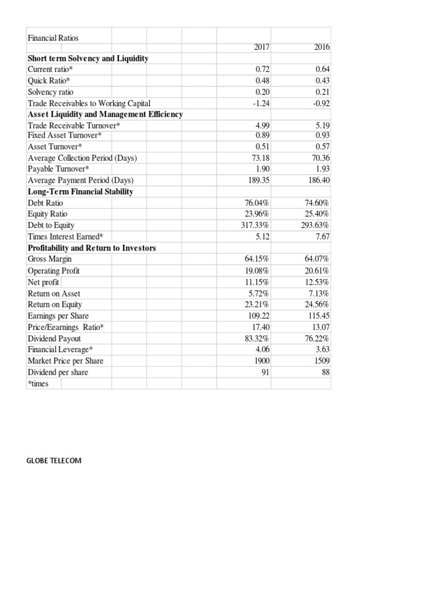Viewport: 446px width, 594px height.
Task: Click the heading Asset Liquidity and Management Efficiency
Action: (105, 114)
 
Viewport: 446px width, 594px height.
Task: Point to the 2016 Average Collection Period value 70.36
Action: (320, 158)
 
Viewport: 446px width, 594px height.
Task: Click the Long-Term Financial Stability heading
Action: (80, 191)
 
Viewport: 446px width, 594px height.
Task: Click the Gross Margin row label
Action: (49, 259)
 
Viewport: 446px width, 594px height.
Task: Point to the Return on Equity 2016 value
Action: (318, 305)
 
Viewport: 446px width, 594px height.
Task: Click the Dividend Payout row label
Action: (54, 338)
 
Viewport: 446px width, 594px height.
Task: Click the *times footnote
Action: (38, 384)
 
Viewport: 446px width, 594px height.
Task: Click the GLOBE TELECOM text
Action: (54, 461)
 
